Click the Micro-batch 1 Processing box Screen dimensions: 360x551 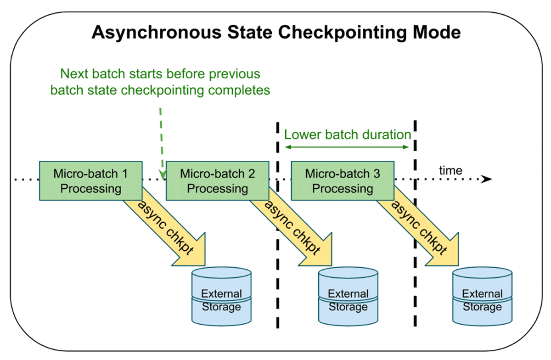point(91,181)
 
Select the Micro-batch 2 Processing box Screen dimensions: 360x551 point(217,181)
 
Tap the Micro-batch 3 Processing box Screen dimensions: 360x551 point(343,181)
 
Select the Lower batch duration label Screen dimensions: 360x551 point(347,135)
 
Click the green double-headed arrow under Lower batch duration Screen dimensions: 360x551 point(347,147)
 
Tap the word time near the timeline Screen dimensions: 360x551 point(450,170)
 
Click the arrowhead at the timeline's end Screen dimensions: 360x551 point(488,179)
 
